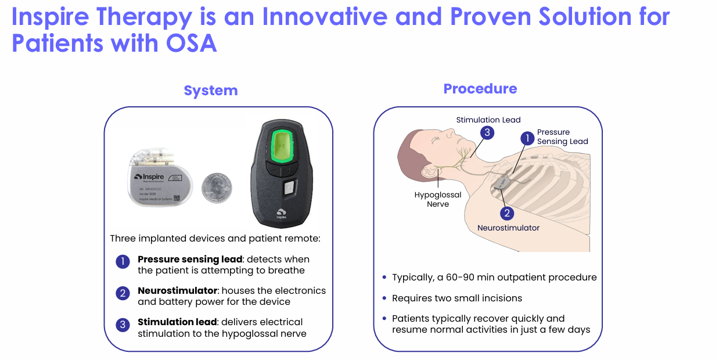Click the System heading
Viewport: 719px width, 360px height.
211,91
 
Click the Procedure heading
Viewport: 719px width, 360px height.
480,89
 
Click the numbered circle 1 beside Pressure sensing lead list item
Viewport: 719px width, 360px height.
123,262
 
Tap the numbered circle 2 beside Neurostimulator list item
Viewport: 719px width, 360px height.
123,293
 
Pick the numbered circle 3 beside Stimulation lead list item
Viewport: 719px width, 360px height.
123,325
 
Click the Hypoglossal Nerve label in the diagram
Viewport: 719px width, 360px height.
438,199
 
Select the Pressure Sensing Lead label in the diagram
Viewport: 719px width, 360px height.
562,136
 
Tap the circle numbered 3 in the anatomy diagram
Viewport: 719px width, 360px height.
487,133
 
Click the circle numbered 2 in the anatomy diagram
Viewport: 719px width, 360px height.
507,213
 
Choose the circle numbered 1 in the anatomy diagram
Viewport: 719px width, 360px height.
527,138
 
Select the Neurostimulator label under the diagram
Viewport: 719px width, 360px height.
508,228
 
